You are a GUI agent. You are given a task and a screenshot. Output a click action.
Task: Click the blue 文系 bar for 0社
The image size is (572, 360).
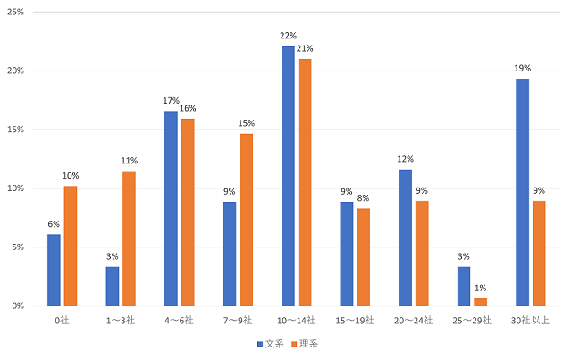click(54, 270)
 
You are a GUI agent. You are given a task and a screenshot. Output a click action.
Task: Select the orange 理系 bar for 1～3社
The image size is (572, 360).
click(129, 239)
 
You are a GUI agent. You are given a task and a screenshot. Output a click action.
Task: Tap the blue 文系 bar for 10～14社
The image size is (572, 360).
click(288, 176)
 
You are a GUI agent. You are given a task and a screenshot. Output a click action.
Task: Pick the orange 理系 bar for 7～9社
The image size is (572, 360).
click(246, 220)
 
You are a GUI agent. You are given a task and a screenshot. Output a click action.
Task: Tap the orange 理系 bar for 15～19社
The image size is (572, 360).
click(363, 257)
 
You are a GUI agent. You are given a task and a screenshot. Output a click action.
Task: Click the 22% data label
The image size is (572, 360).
click(287, 36)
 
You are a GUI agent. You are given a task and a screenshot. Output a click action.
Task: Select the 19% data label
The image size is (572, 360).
click(521, 68)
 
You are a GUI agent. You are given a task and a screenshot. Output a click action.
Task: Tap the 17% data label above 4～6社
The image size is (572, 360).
click(171, 101)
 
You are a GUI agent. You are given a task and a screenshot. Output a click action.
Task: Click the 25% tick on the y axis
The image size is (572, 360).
click(15, 13)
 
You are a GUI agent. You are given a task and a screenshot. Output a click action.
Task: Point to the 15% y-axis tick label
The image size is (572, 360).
click(15, 130)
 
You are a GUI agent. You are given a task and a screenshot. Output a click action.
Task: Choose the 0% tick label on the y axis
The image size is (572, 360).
click(18, 306)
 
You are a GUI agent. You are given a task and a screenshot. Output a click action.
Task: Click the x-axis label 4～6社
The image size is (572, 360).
click(180, 319)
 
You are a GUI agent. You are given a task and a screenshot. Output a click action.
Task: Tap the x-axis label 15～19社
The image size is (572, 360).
click(356, 319)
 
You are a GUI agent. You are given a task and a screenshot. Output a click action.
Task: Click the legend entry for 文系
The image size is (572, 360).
click(272, 344)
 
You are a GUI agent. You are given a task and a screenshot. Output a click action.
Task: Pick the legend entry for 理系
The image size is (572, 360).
click(306, 344)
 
